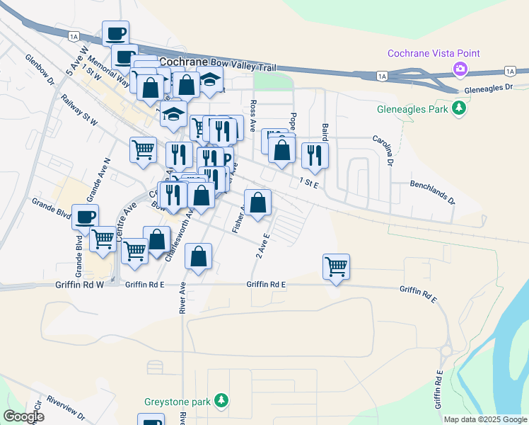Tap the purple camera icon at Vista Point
(460, 69)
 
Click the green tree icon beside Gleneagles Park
(460, 108)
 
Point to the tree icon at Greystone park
(222, 402)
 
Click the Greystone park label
(177, 402)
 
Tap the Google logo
(24, 416)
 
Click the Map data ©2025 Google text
(484, 419)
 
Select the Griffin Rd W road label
(79, 285)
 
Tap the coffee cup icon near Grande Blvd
(86, 217)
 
